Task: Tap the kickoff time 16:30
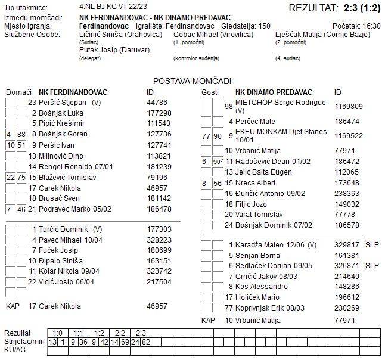[x=371, y=27]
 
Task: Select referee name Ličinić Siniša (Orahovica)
[x=120, y=35]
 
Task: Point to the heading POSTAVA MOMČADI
[x=192, y=81]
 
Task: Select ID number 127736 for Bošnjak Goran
[x=159, y=134]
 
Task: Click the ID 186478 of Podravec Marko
[x=159, y=209]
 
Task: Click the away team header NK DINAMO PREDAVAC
[x=274, y=92]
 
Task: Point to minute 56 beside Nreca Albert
[x=218, y=183]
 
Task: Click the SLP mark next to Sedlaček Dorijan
[x=372, y=265]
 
